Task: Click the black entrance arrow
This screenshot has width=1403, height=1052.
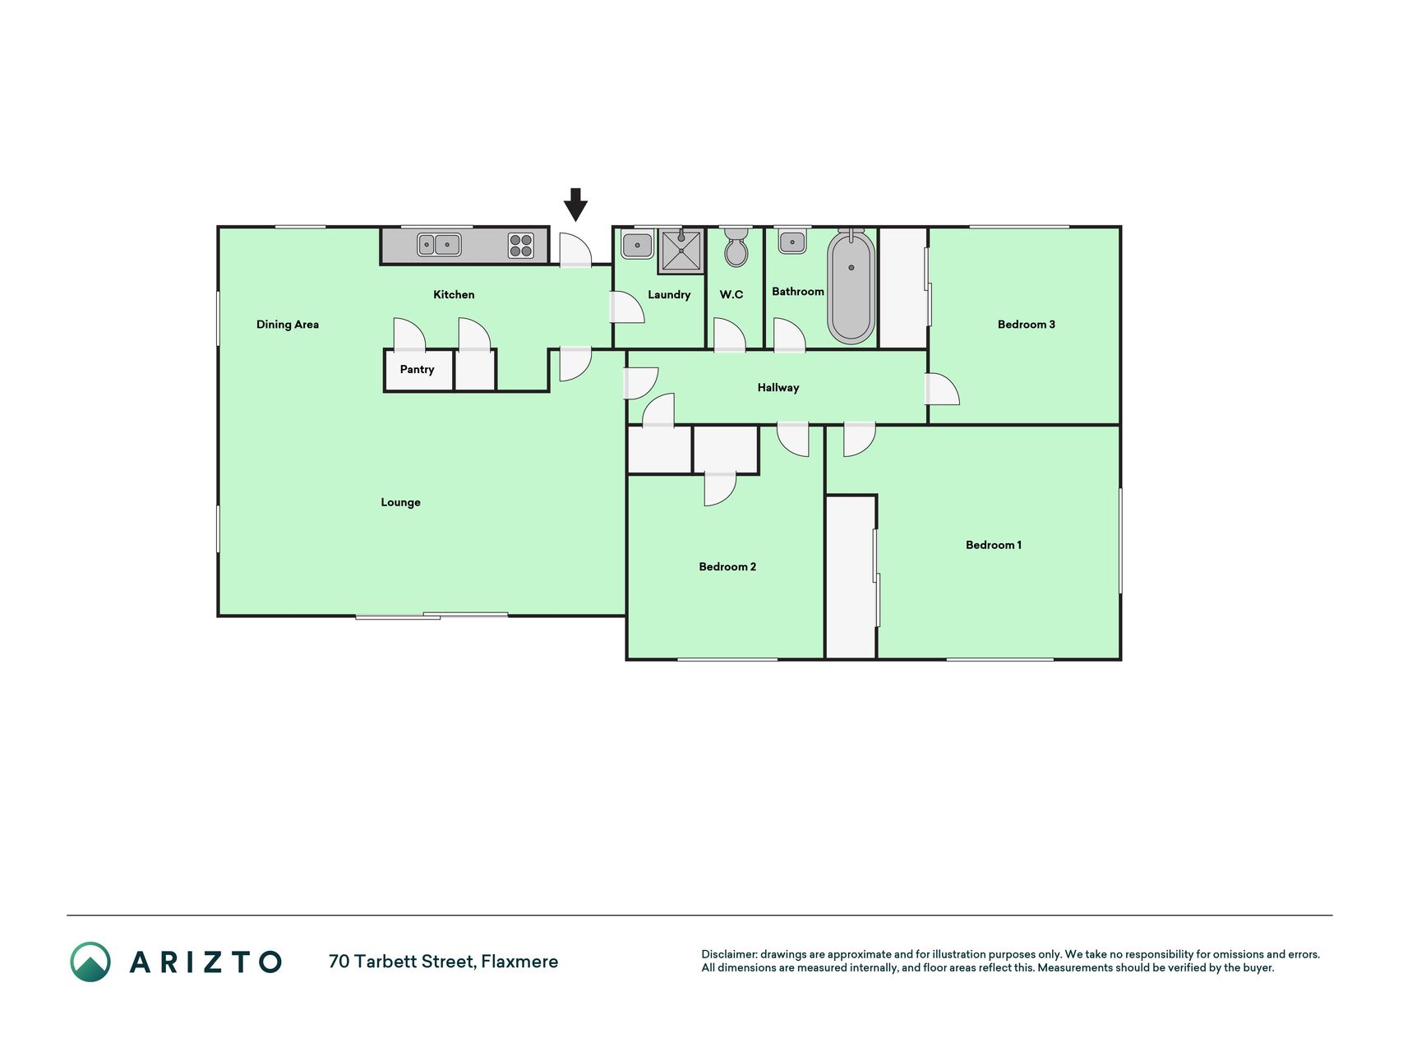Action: pyautogui.click(x=575, y=205)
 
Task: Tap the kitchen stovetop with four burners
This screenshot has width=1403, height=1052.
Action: pyautogui.click(x=521, y=246)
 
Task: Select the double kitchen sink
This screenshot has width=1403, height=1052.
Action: pyautogui.click(x=439, y=245)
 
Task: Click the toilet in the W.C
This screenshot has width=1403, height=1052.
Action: pyautogui.click(x=736, y=247)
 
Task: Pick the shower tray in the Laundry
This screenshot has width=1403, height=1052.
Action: pyautogui.click(x=681, y=251)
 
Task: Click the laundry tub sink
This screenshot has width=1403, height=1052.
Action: pyautogui.click(x=637, y=245)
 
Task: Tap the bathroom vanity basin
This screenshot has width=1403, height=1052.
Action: pyautogui.click(x=792, y=242)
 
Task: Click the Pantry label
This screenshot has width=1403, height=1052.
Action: pyautogui.click(x=417, y=370)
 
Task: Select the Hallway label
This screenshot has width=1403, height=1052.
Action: pyautogui.click(x=778, y=387)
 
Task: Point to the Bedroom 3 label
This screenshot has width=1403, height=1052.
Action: pyautogui.click(x=1027, y=325)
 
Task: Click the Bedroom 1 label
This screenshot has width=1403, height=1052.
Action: pyautogui.click(x=994, y=545)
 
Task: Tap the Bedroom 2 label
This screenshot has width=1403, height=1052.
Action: pyautogui.click(x=727, y=566)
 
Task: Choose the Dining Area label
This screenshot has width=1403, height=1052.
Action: pyautogui.click(x=288, y=325)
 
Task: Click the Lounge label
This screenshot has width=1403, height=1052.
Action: pyautogui.click(x=400, y=502)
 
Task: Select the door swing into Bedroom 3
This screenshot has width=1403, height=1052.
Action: pyautogui.click(x=942, y=389)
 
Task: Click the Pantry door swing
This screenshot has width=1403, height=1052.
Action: pyautogui.click(x=409, y=335)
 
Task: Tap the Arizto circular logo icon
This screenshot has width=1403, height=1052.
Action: pyautogui.click(x=90, y=962)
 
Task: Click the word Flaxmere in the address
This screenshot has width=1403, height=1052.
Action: pyautogui.click(x=519, y=962)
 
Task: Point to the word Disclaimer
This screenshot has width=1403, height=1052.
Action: pyautogui.click(x=729, y=954)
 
